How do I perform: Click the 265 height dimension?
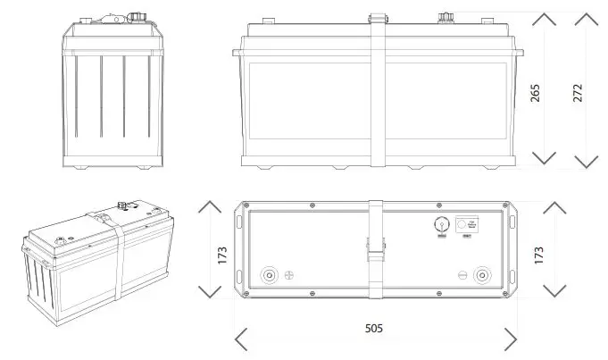[x=535, y=92]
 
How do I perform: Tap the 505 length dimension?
[x=374, y=329]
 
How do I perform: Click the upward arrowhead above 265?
[x=543, y=20]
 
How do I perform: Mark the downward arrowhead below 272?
[x=586, y=161]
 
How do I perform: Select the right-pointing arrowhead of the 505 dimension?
[x=510, y=339]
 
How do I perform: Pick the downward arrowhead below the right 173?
[x=554, y=290]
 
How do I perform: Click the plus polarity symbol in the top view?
[x=288, y=275]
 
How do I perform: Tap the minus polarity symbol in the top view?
[x=461, y=274]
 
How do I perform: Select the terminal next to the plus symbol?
[x=268, y=275]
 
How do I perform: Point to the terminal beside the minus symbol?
[x=483, y=274]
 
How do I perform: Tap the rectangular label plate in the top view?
[x=469, y=225]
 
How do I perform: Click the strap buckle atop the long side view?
[x=377, y=17]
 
